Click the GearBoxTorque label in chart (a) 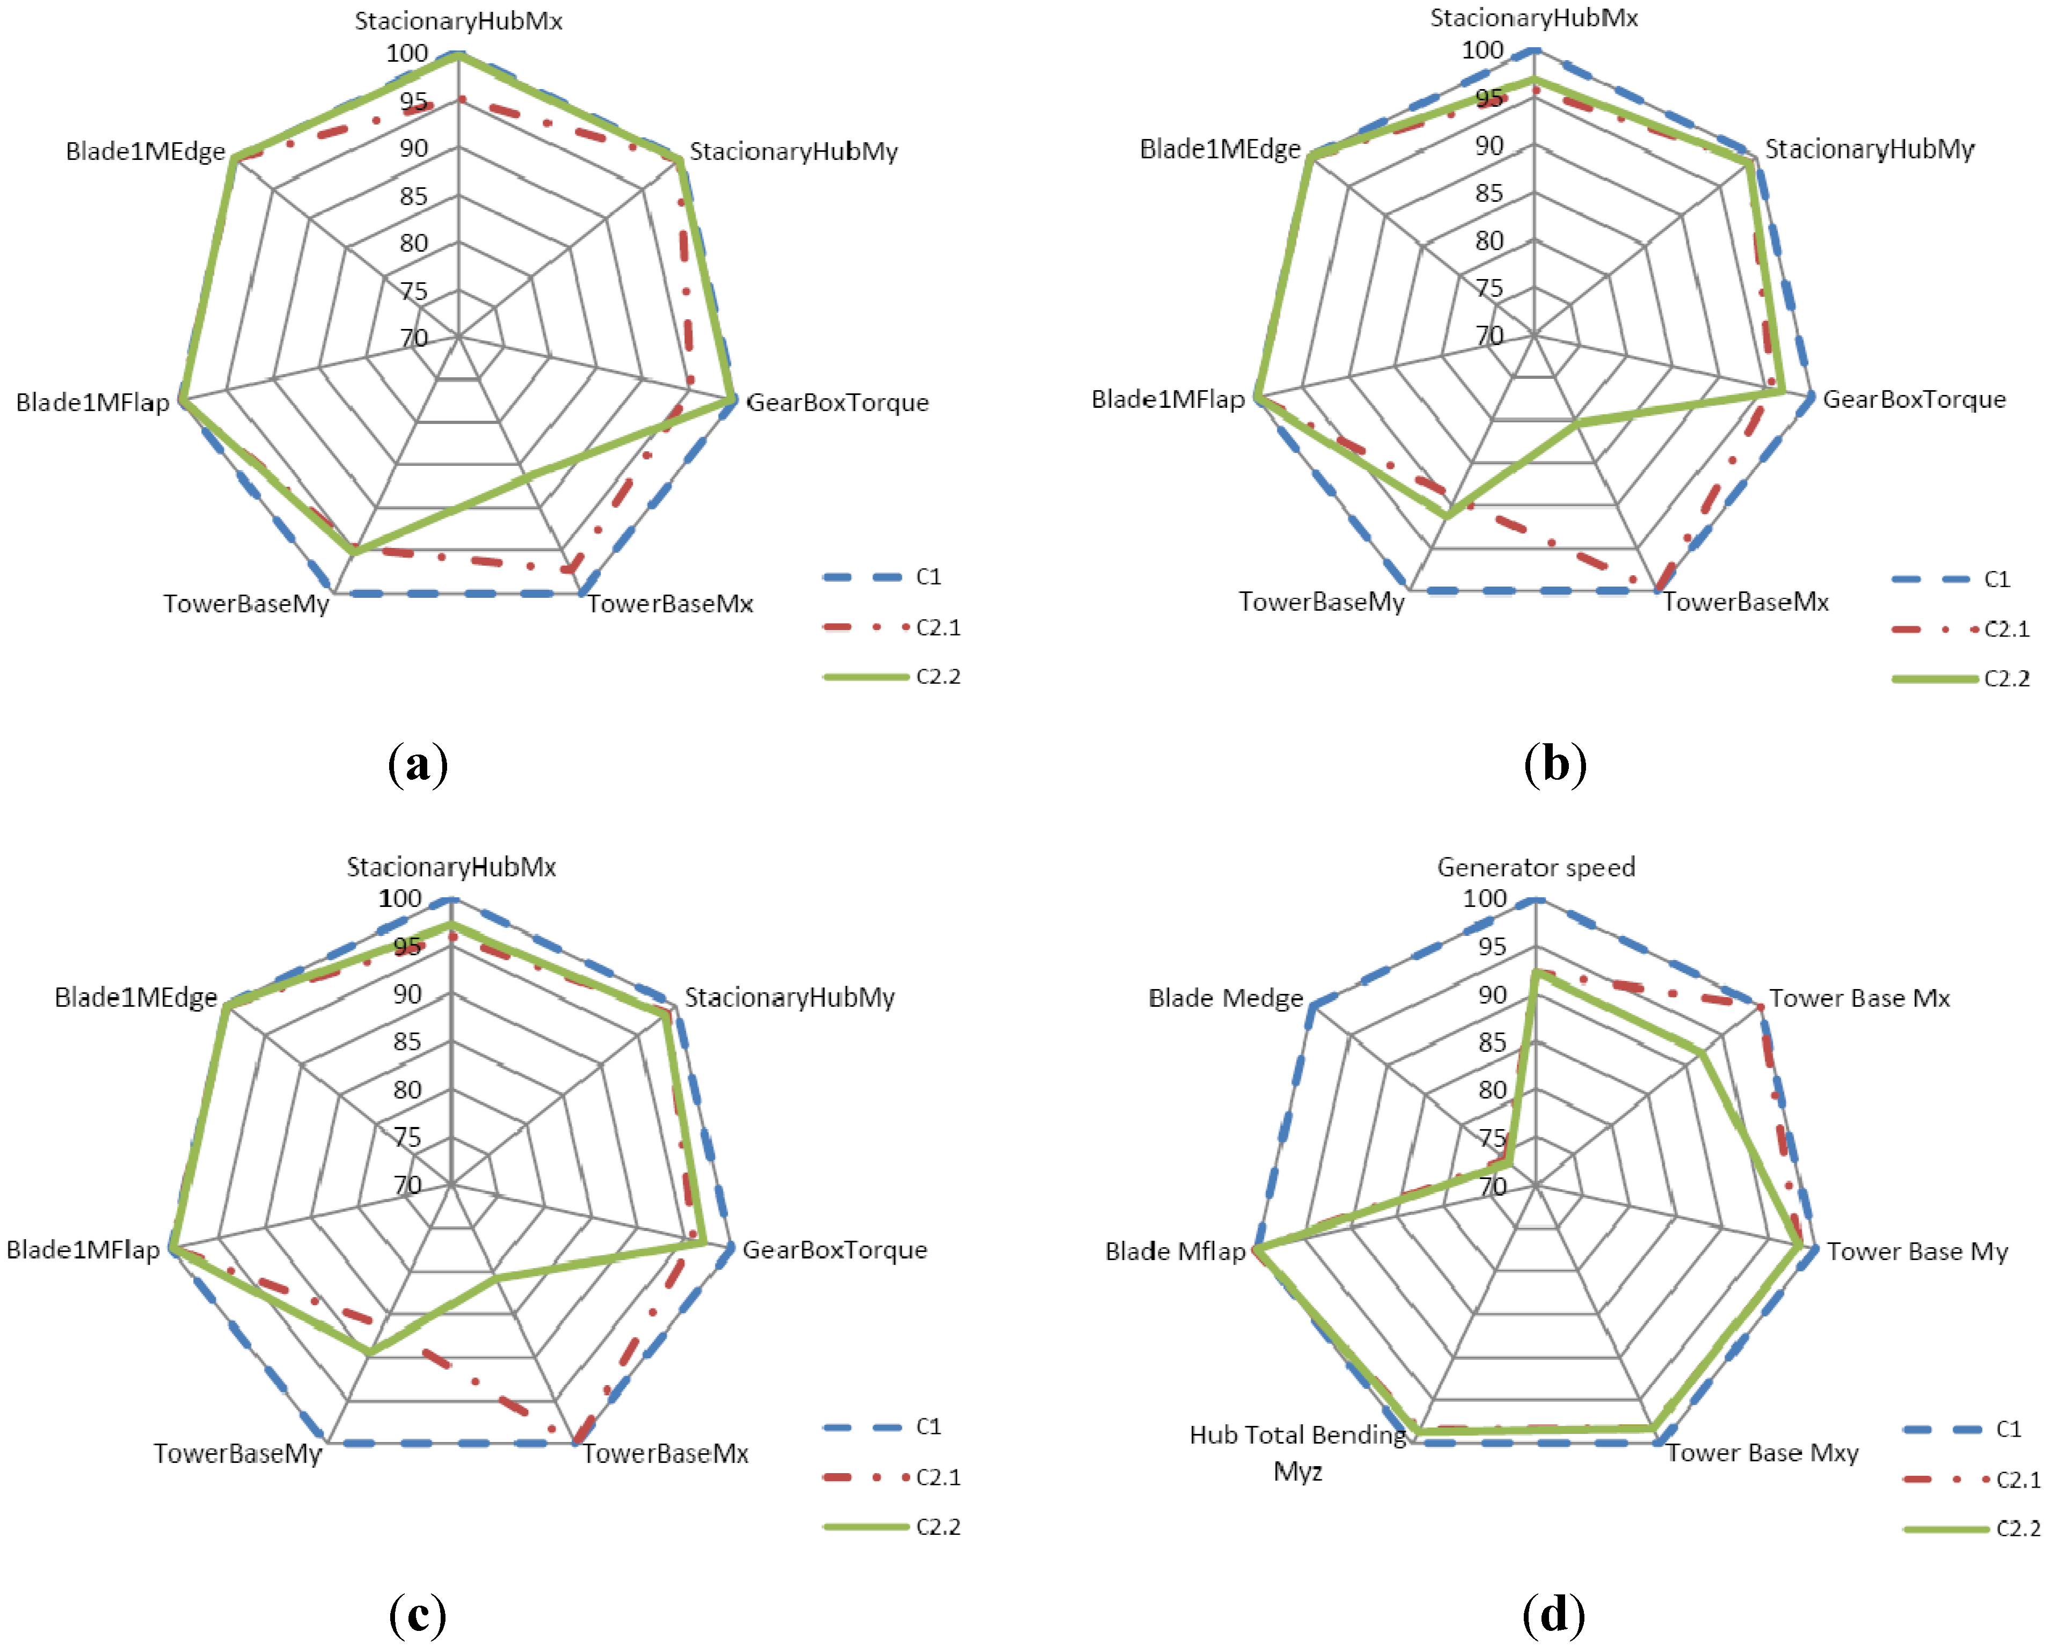pyautogui.click(x=837, y=402)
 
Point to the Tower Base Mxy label pyautogui.click(x=1762, y=1453)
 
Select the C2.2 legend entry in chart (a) pyautogui.click(x=938, y=676)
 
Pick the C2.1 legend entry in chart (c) pyautogui.click(x=938, y=1477)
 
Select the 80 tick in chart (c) pyautogui.click(x=407, y=1089)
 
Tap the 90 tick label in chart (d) pyautogui.click(x=1492, y=994)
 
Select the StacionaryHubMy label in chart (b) pyautogui.click(x=1868, y=149)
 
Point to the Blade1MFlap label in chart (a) pyautogui.click(x=92, y=402)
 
